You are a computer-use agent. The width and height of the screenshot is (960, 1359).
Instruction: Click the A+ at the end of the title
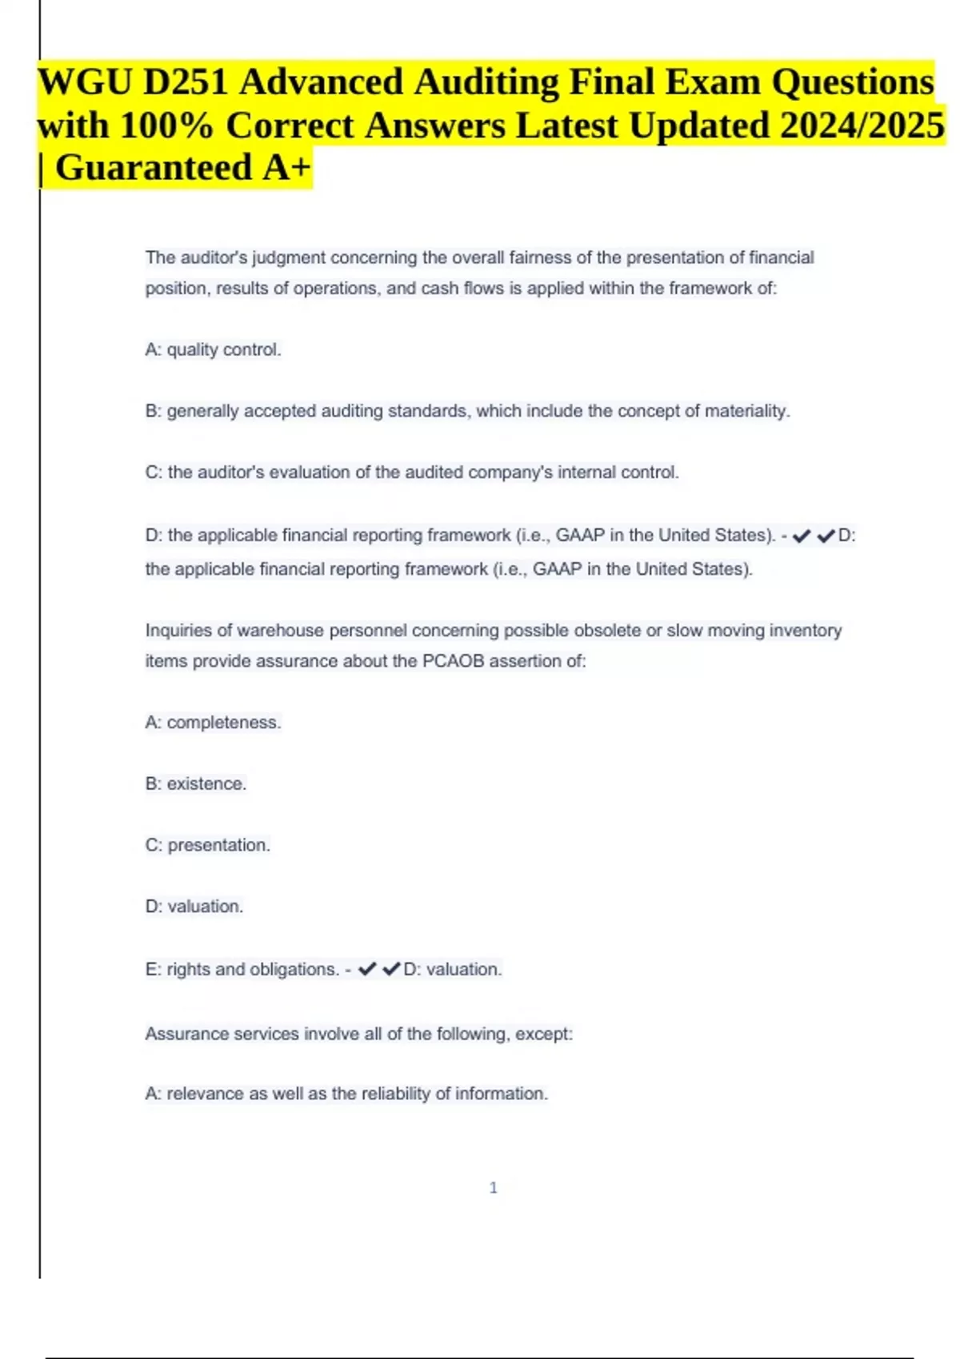[286, 168]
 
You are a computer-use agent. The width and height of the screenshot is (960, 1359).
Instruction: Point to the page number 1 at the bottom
[493, 1188]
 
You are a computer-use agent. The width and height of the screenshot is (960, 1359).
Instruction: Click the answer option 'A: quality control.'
[213, 350]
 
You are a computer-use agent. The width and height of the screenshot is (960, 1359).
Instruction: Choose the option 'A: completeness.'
[213, 723]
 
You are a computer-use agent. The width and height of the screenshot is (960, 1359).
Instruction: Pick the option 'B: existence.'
[195, 784]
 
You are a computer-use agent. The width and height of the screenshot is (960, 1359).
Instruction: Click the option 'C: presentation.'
[207, 846]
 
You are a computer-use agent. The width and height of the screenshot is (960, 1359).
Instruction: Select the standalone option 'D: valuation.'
[194, 907]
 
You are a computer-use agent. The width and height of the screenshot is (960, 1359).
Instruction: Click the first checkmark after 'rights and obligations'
[367, 969]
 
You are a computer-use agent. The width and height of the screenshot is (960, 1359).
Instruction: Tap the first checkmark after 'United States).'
[801, 536]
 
